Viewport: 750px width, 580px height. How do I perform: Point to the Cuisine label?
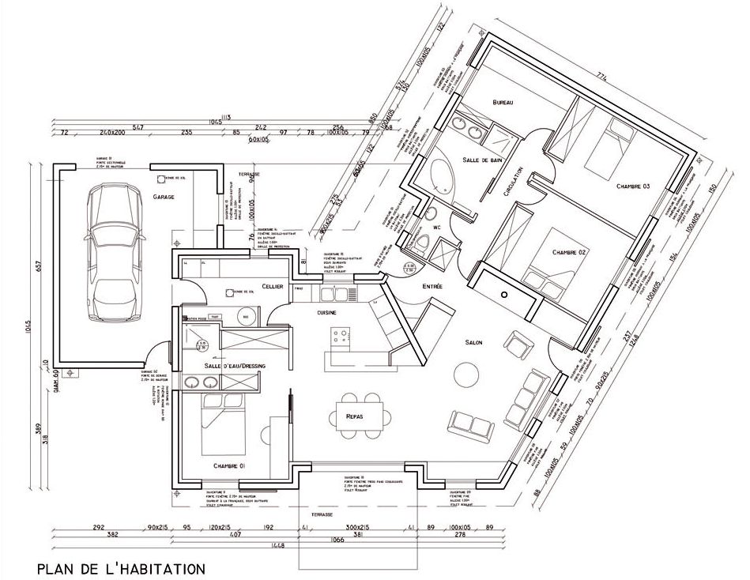pos(328,313)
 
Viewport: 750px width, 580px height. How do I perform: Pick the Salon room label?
pos(474,341)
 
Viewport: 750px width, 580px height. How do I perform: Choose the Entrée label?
pos(433,285)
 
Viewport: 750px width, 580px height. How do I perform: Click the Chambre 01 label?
pos(229,467)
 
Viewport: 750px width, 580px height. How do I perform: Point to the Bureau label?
pos(503,104)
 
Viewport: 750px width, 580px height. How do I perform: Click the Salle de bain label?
pos(483,160)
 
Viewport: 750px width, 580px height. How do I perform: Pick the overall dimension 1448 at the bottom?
pos(277,545)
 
